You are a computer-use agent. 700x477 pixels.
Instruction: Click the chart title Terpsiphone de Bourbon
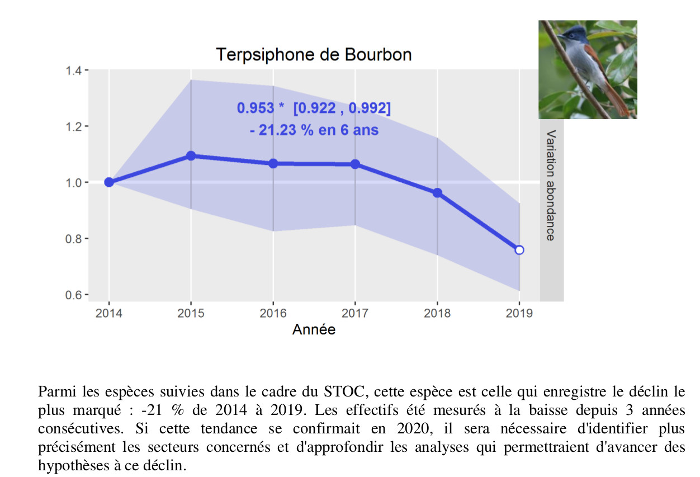[314, 55]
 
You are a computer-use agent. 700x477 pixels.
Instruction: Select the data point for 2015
[191, 155]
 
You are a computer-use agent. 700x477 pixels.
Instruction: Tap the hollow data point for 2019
[519, 250]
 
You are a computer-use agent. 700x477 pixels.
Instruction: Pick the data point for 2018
[437, 193]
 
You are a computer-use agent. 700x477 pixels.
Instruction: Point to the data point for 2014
[109, 182]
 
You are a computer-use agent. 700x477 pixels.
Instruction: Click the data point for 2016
[273, 163]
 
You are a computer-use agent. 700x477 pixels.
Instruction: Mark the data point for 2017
[355, 164]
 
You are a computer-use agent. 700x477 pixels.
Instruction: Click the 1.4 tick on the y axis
[75, 70]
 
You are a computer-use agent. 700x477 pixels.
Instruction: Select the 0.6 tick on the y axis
[75, 295]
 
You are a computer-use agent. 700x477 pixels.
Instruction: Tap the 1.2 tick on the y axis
[75, 126]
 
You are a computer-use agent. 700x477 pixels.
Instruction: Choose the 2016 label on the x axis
[273, 313]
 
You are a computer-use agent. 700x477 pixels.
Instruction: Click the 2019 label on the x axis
[519, 313]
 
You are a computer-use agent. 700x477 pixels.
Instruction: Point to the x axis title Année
[314, 330]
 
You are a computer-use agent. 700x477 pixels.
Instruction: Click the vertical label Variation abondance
[551, 185]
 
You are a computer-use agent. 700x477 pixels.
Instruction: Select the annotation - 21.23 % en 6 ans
[314, 130]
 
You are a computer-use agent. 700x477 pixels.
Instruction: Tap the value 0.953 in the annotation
[256, 108]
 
